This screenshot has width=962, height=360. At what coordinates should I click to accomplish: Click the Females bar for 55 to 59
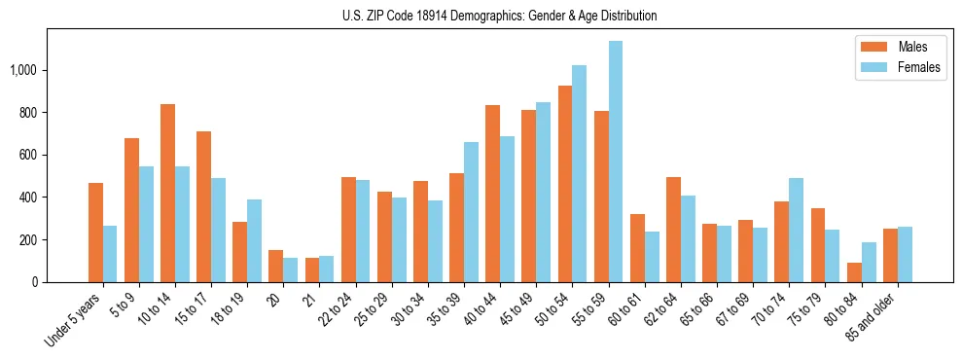(616, 162)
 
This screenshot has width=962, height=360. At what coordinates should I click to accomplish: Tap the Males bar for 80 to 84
(854, 272)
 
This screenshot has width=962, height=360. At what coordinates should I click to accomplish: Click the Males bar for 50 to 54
(565, 184)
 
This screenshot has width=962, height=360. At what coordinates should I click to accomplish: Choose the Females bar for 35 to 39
(471, 212)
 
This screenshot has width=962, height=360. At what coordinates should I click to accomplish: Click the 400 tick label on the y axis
(29, 198)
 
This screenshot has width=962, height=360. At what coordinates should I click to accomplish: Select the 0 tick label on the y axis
(36, 282)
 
